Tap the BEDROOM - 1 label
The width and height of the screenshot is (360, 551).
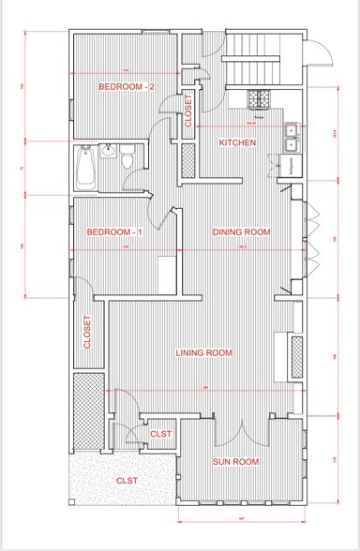coord(114,231)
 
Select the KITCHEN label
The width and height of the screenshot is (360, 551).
coord(237,142)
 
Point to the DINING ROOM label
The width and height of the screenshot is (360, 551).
coord(242,231)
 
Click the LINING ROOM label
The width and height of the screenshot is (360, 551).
coord(204,352)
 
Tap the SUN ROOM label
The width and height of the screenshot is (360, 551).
coord(234,462)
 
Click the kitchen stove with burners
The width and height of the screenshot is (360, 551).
coord(257,98)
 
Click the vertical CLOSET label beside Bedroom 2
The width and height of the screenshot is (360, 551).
coord(188,111)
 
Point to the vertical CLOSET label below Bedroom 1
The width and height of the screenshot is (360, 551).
coord(87,332)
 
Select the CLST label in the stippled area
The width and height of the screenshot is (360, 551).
coord(127,481)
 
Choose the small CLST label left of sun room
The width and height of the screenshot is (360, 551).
coord(161,434)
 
